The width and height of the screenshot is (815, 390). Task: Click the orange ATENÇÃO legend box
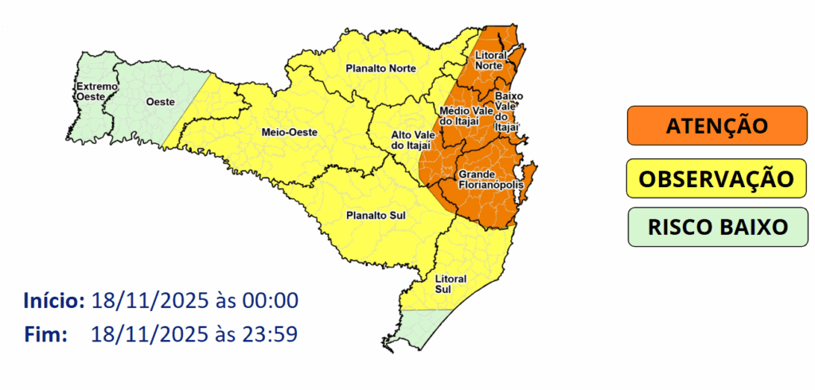click(x=716, y=126)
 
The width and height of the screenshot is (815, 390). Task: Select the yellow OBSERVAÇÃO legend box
click(x=716, y=177)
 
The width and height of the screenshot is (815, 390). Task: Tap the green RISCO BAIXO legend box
click(x=716, y=227)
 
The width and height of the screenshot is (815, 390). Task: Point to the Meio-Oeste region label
click(x=285, y=132)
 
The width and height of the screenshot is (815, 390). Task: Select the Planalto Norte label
click(x=380, y=68)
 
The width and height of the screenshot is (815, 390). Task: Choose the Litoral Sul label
click(x=450, y=284)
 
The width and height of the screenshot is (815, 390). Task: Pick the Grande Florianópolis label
click(x=490, y=180)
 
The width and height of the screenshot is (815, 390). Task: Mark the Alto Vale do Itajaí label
click(x=410, y=140)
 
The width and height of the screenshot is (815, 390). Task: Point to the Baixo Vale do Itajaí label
click(x=508, y=111)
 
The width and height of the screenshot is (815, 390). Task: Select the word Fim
click(x=45, y=334)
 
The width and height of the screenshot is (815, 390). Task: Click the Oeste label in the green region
click(x=160, y=102)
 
